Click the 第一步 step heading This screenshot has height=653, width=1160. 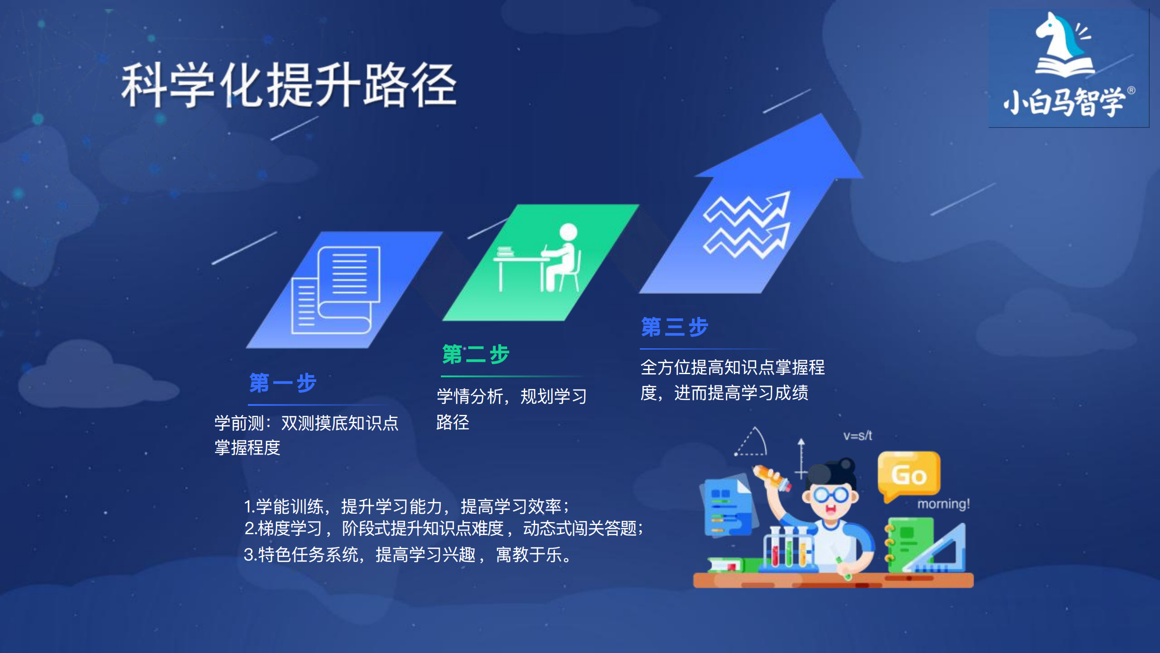pyautogui.click(x=283, y=383)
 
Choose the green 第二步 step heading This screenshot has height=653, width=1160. pyautogui.click(x=476, y=354)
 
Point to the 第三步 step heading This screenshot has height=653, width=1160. pyautogui.click(x=675, y=327)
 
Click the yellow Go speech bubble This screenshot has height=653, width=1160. pyautogui.click(x=909, y=474)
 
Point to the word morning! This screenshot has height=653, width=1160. pyautogui.click(x=943, y=504)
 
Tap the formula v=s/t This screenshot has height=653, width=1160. pyautogui.click(x=857, y=436)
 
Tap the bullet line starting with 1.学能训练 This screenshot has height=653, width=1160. pyautogui.click(x=406, y=506)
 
